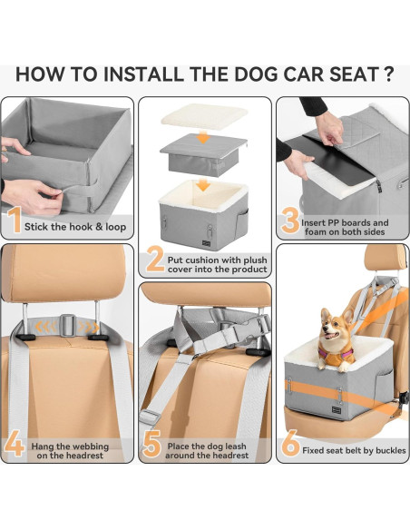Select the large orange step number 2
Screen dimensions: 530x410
tap(154, 260)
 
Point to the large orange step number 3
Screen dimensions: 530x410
tap(289, 221)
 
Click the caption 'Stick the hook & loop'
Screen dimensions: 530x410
tap(75, 227)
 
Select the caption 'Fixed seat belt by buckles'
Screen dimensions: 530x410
tap(355, 450)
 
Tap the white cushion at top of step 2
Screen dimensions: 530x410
tap(204, 116)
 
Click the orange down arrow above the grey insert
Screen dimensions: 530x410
tap(205, 137)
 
